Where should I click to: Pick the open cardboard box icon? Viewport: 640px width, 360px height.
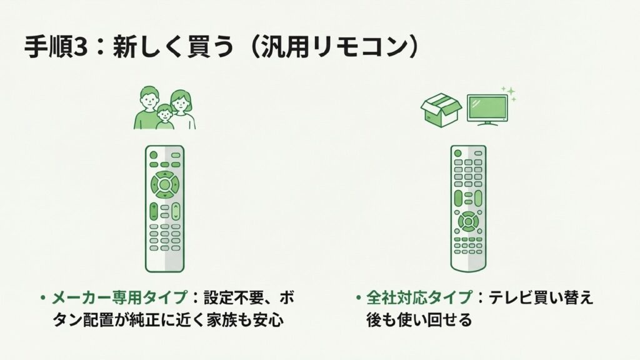point(441,110)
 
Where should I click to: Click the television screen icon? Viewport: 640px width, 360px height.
point(487,107)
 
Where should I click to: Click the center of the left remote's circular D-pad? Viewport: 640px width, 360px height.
point(164,184)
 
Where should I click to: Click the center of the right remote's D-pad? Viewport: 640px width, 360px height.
point(467,221)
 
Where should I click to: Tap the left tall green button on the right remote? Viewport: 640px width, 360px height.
point(458,198)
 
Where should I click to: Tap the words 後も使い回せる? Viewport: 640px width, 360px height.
point(419,321)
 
